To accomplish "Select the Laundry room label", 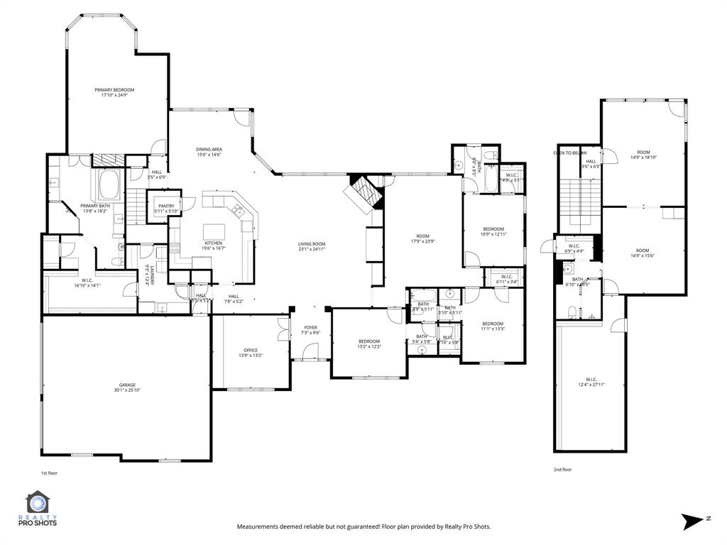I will (x=148, y=273).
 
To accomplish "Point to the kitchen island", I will (x=214, y=231).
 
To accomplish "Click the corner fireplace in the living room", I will (x=364, y=193).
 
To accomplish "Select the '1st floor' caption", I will (x=50, y=472).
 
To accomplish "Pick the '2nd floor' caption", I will (x=562, y=469).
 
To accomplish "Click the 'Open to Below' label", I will (x=569, y=153).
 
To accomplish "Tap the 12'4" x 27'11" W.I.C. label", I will (x=591, y=382).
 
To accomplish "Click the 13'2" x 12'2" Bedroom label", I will (x=369, y=343).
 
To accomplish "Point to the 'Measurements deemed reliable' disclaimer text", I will (x=363, y=527).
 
